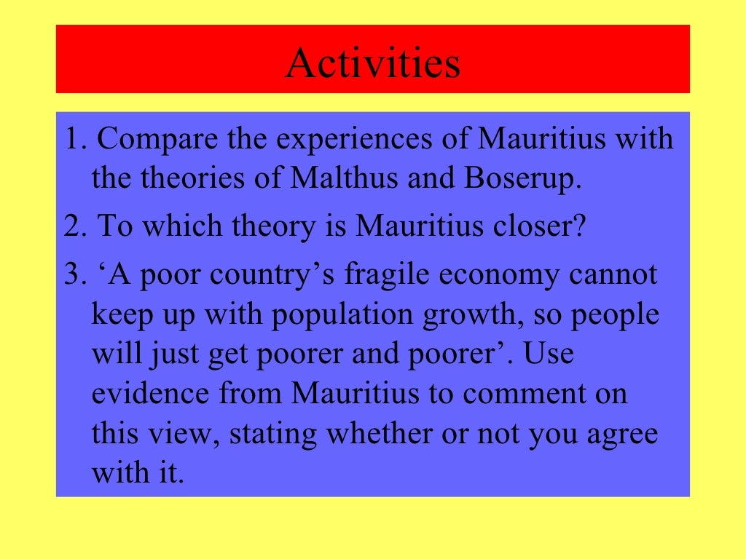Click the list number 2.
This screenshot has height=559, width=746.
point(72,226)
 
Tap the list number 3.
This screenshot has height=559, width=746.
point(72,274)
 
